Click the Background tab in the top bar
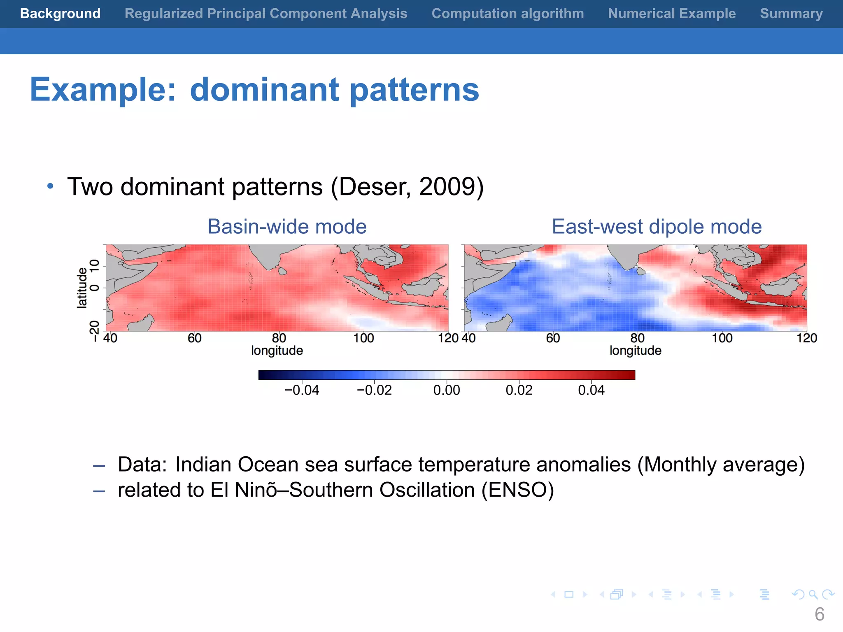click(x=60, y=14)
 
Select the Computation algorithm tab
click(x=508, y=14)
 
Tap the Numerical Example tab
click(x=672, y=14)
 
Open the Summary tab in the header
click(x=791, y=14)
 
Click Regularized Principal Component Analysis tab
click(x=266, y=14)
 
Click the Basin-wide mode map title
click(x=287, y=227)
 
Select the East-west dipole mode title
click(x=657, y=227)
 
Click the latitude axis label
click(x=82, y=288)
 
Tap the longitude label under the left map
click(x=277, y=351)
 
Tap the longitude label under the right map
click(x=636, y=351)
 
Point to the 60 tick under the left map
click(x=195, y=338)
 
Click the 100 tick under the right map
click(x=722, y=338)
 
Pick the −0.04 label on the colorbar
click(x=302, y=390)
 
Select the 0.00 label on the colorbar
click(x=447, y=390)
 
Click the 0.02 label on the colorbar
click(x=519, y=390)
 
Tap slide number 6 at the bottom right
click(x=819, y=614)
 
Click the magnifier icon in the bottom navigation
click(x=813, y=595)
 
